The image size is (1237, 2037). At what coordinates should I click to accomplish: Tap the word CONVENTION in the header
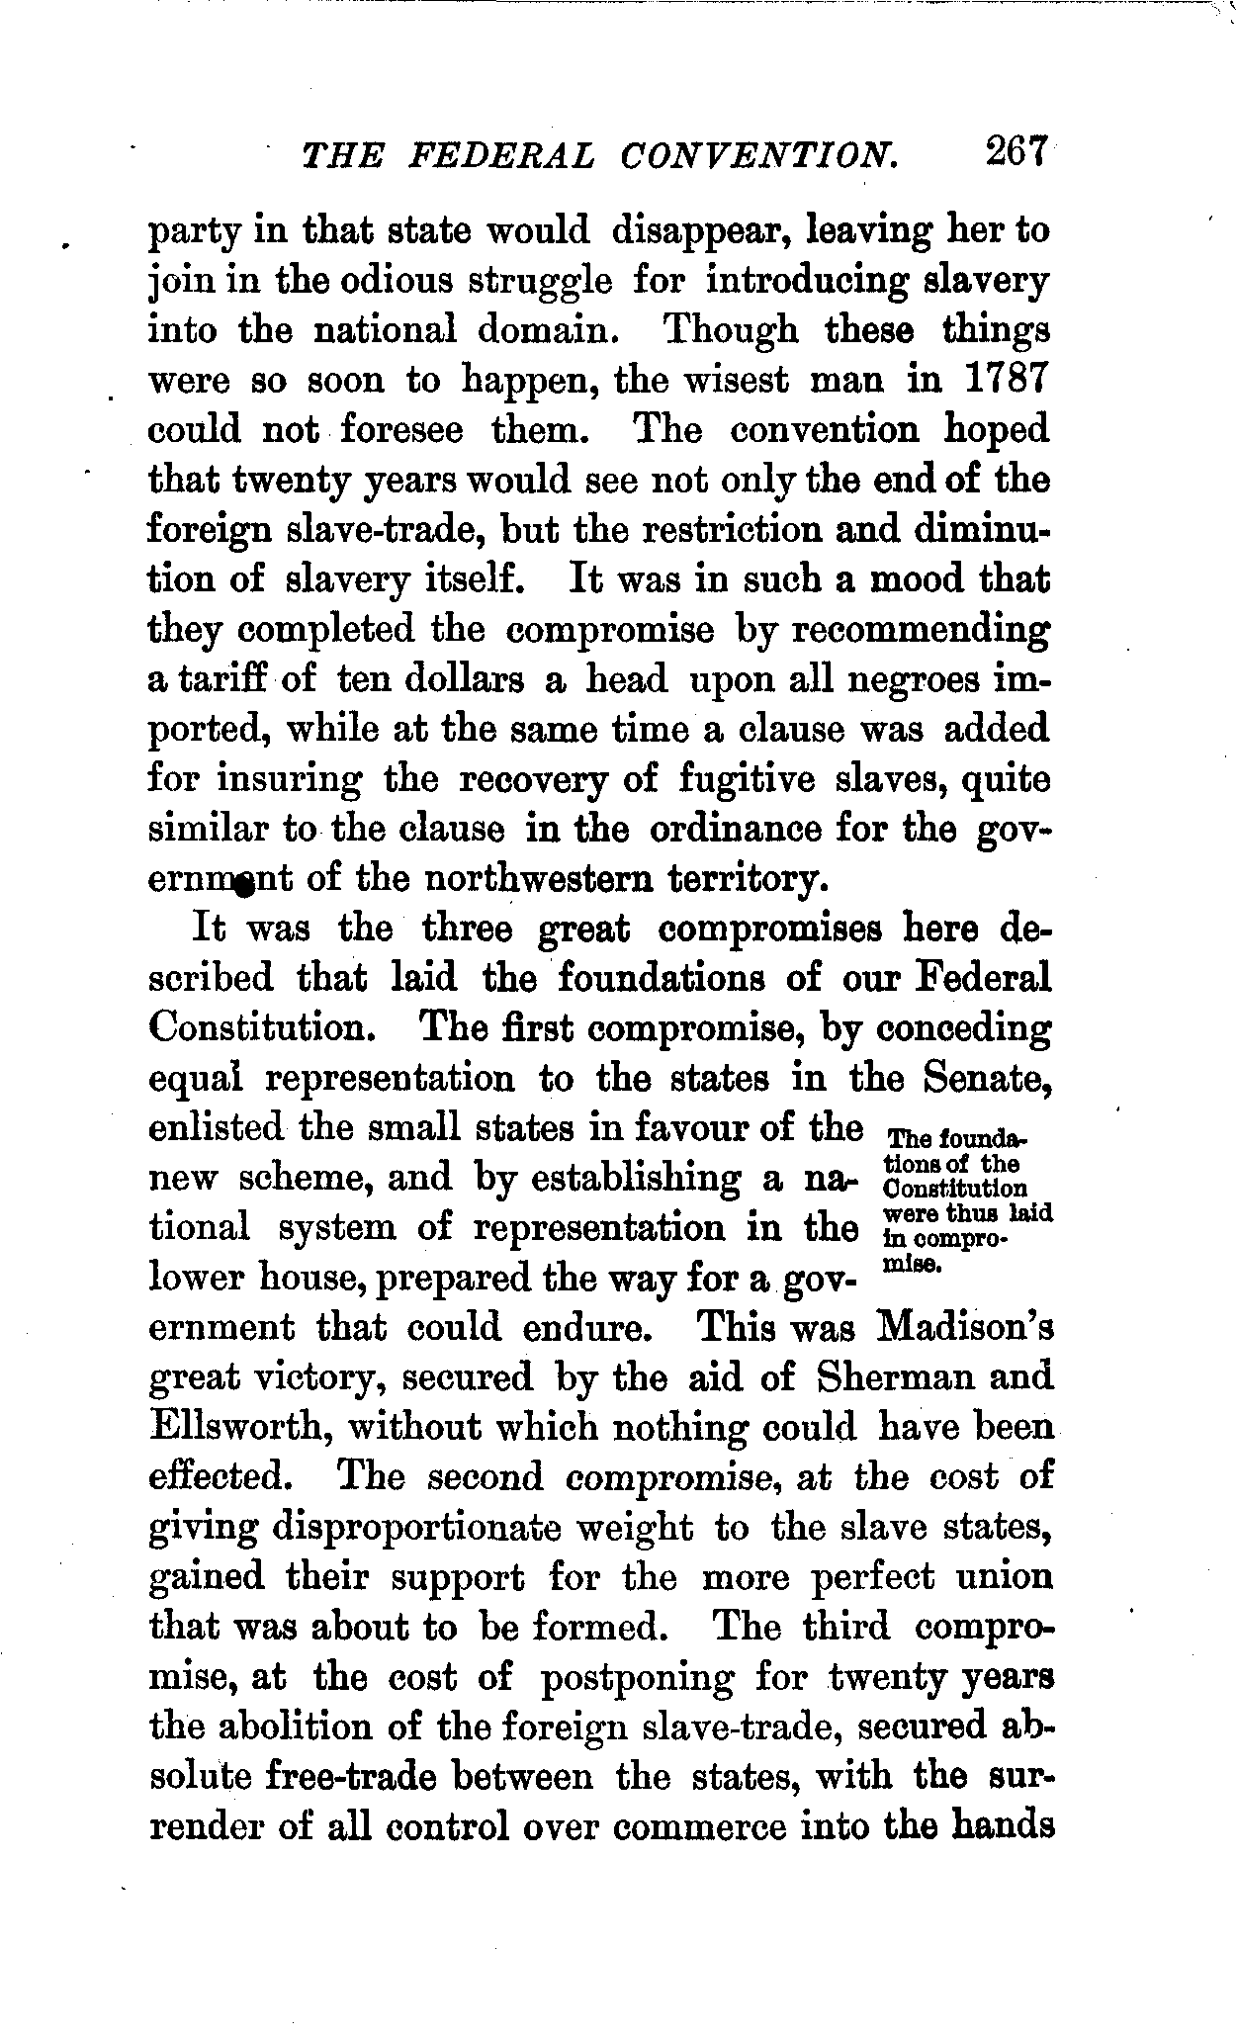(x=761, y=156)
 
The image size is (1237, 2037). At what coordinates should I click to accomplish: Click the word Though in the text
(x=731, y=329)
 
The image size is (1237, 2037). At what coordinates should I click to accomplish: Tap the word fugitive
(x=748, y=780)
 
